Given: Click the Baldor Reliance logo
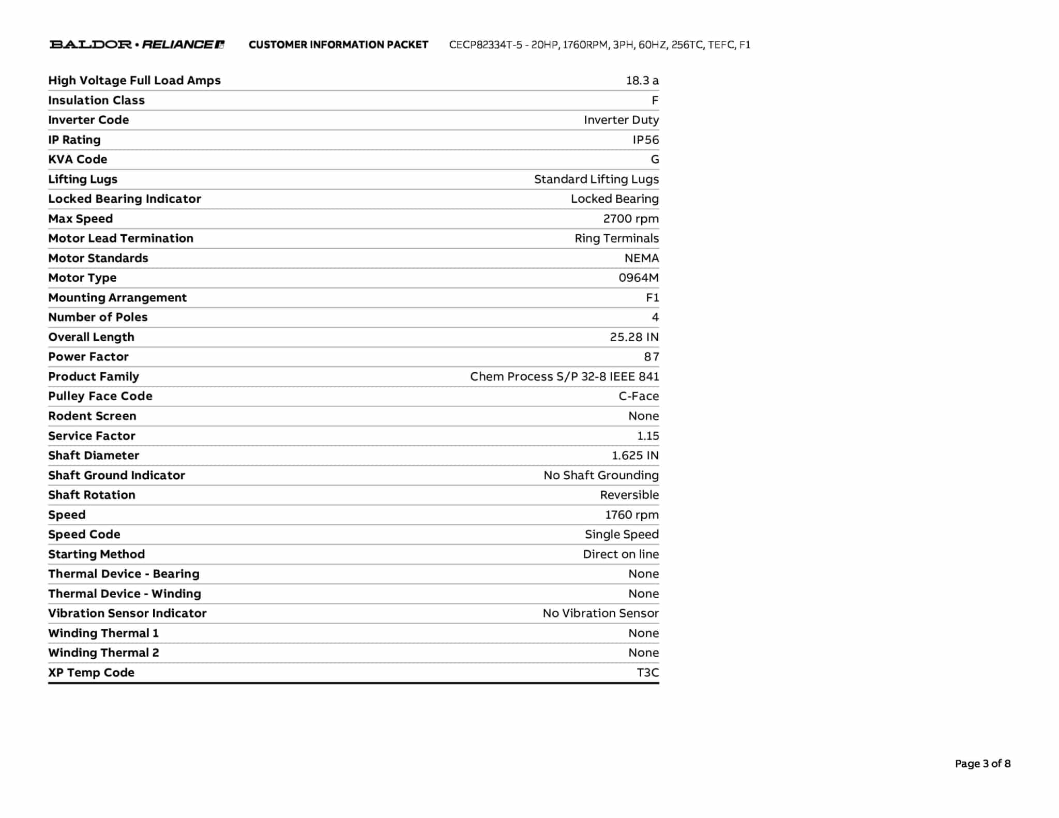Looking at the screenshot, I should [x=137, y=44].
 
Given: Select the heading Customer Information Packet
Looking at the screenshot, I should [x=338, y=45].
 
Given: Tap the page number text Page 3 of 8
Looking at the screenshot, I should [x=982, y=764].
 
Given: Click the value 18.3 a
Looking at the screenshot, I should [x=642, y=81].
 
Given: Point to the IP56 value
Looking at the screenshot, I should [x=646, y=140].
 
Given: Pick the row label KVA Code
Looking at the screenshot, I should [x=78, y=160].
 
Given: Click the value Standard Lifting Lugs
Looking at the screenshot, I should [x=596, y=179].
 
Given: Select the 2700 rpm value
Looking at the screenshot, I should [x=631, y=219].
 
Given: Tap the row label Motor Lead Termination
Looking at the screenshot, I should [x=120, y=238].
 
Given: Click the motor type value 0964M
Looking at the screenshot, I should [x=639, y=278].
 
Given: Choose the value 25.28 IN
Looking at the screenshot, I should [x=634, y=337].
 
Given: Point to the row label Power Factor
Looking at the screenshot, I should [x=88, y=357].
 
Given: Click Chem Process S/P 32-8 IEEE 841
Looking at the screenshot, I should [x=564, y=377].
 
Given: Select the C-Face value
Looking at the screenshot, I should [x=639, y=397].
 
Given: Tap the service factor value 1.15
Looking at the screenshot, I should [x=648, y=436].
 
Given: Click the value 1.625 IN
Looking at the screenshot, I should [x=635, y=456].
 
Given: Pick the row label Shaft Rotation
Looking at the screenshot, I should [x=92, y=495].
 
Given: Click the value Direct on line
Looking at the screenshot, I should [x=621, y=554].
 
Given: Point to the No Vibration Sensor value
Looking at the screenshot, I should [x=600, y=614].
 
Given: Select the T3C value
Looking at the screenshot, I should [x=647, y=673].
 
